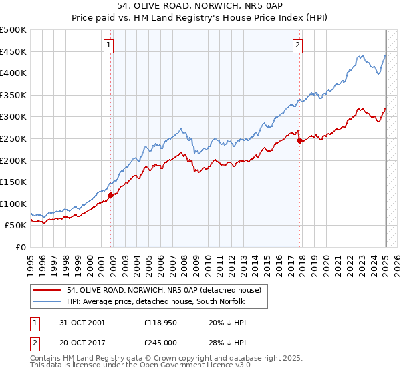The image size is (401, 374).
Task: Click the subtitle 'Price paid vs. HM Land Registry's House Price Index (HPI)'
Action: coord(200,19)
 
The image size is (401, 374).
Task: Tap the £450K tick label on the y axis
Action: coord(13,51)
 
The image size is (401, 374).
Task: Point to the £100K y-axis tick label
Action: coord(13,204)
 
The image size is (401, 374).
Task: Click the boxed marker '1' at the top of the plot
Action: coord(108,45)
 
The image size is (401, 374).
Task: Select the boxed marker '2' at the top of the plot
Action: coord(297,45)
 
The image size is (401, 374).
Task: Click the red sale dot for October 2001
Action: coord(111,195)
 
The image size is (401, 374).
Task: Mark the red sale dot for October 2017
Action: coord(299,140)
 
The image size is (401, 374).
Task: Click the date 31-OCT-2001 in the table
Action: coord(82,323)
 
